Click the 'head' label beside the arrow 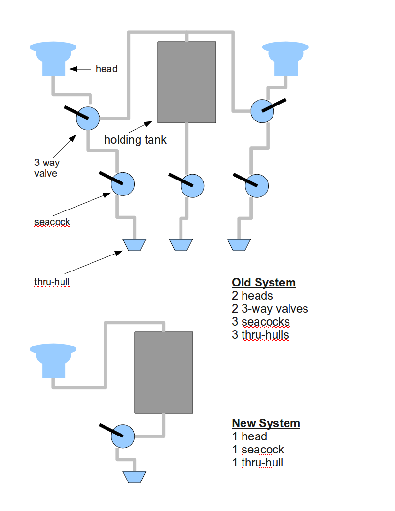point(106,69)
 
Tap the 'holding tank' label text point(135,140)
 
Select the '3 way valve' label point(47,168)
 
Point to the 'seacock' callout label point(52,222)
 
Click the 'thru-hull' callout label point(52,282)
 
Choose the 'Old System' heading point(264,283)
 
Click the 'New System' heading point(266,423)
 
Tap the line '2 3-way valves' point(270,309)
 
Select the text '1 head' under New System point(250,436)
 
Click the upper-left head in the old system point(53,59)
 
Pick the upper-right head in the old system point(286,59)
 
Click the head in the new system point(53,361)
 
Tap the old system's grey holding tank point(187,82)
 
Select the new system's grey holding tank point(164,373)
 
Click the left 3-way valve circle point(88,118)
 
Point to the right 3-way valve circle point(262,111)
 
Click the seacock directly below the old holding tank point(193,186)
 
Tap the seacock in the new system point(122,436)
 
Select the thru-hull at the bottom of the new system point(134,477)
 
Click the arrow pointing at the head point(80,69)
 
